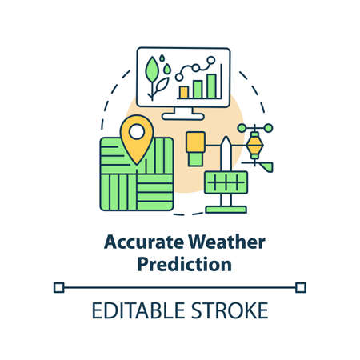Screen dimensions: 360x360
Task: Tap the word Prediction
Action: click(179, 262)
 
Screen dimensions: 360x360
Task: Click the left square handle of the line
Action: click(58, 286)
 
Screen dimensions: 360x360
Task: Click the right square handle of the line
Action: click(301, 286)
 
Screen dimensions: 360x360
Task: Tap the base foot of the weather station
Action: click(226, 210)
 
